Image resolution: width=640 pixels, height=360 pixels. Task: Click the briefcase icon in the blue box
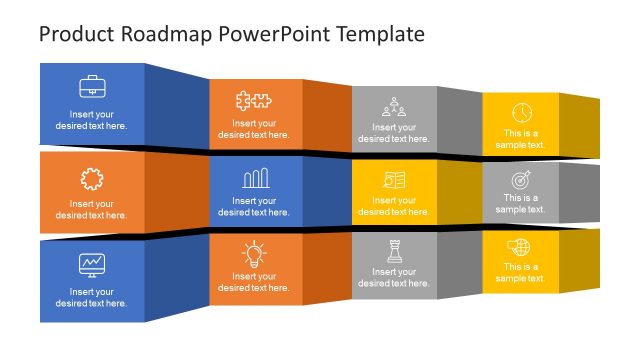(x=92, y=85)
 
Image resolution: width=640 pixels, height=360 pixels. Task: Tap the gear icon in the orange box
(x=92, y=179)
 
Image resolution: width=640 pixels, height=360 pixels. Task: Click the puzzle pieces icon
(x=254, y=100)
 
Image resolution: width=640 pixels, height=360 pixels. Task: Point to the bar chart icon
(x=254, y=179)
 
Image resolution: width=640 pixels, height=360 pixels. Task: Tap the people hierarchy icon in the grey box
(x=394, y=105)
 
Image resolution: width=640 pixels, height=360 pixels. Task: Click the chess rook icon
(x=394, y=250)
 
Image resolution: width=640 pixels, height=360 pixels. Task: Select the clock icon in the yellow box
(x=521, y=112)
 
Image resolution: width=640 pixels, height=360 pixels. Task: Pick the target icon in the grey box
(x=521, y=181)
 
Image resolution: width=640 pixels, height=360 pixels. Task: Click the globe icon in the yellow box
(x=521, y=247)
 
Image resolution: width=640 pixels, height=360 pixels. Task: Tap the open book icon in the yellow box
(x=394, y=180)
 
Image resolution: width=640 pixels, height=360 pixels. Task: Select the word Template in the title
(x=379, y=34)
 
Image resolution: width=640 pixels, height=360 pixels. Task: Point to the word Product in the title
(x=75, y=34)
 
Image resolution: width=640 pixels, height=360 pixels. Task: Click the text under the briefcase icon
(x=92, y=120)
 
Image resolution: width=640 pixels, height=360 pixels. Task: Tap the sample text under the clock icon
(x=521, y=139)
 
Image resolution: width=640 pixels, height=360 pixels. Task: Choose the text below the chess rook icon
(x=394, y=277)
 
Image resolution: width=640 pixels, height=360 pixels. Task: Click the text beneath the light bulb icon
(x=254, y=281)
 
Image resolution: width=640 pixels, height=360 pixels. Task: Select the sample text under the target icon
(x=521, y=204)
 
